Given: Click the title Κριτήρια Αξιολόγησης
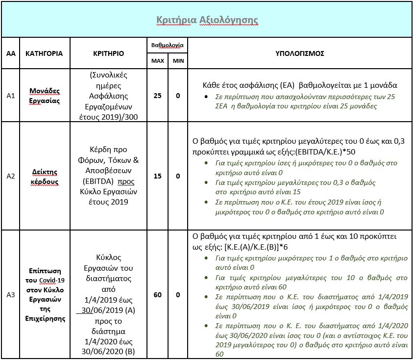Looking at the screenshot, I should [207, 20].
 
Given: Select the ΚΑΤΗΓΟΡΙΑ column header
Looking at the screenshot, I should [44, 53].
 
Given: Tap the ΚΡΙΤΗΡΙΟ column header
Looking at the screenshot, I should [108, 53].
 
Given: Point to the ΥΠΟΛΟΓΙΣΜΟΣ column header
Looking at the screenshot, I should [300, 53].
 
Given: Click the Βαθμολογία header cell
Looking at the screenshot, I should [167, 45].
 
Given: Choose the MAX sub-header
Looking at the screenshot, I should [157, 61].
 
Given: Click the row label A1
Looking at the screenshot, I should [11, 96].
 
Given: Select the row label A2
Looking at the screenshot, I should [11, 176].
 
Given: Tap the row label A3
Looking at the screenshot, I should [11, 295].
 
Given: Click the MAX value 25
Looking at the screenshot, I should [157, 96].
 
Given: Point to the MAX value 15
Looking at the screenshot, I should [157, 176].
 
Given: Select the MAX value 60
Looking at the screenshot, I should [157, 295].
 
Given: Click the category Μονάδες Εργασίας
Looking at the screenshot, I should [44, 96].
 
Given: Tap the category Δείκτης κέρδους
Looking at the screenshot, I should [44, 176].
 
